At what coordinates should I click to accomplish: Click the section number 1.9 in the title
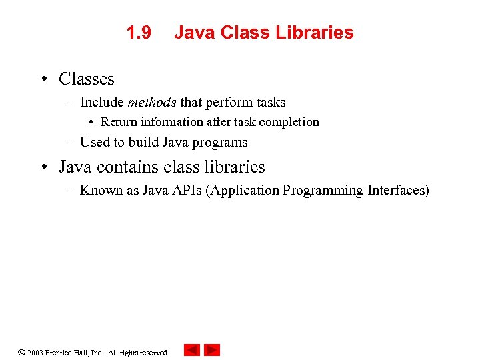click(x=139, y=33)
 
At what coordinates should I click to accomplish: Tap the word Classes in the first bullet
click(x=87, y=79)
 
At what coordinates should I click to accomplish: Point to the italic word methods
click(x=151, y=103)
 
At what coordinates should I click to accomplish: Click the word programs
click(x=219, y=143)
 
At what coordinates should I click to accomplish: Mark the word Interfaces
click(x=398, y=191)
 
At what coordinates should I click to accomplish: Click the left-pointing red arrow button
click(x=192, y=350)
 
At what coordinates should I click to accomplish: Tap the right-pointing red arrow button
click(x=212, y=350)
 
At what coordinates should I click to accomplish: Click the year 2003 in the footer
click(x=35, y=353)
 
